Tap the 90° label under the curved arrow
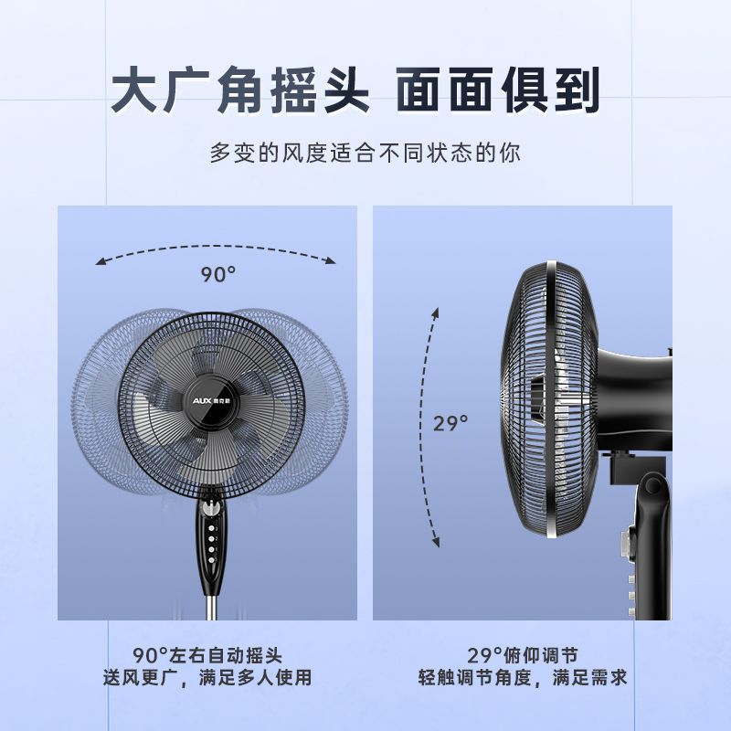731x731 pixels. (218, 274)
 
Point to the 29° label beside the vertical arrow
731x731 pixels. (450, 423)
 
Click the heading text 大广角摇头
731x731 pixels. (239, 90)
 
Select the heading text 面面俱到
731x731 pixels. (498, 90)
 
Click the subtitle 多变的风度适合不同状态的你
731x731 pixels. (365, 153)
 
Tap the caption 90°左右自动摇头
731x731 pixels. (207, 655)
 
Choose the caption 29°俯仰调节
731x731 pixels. (522, 655)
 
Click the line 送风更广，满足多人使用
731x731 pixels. (207, 677)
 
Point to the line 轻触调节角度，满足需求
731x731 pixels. (523, 677)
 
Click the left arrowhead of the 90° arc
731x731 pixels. (101, 261)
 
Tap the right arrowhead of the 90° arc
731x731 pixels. (331, 260)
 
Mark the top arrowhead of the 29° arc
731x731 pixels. (436, 313)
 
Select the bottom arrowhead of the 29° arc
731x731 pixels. (436, 541)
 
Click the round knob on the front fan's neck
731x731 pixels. (211, 508)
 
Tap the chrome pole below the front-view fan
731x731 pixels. (212, 606)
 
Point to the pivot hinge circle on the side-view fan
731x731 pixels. (652, 486)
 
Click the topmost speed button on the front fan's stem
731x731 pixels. (211, 529)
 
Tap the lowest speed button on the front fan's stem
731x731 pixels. (211, 560)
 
